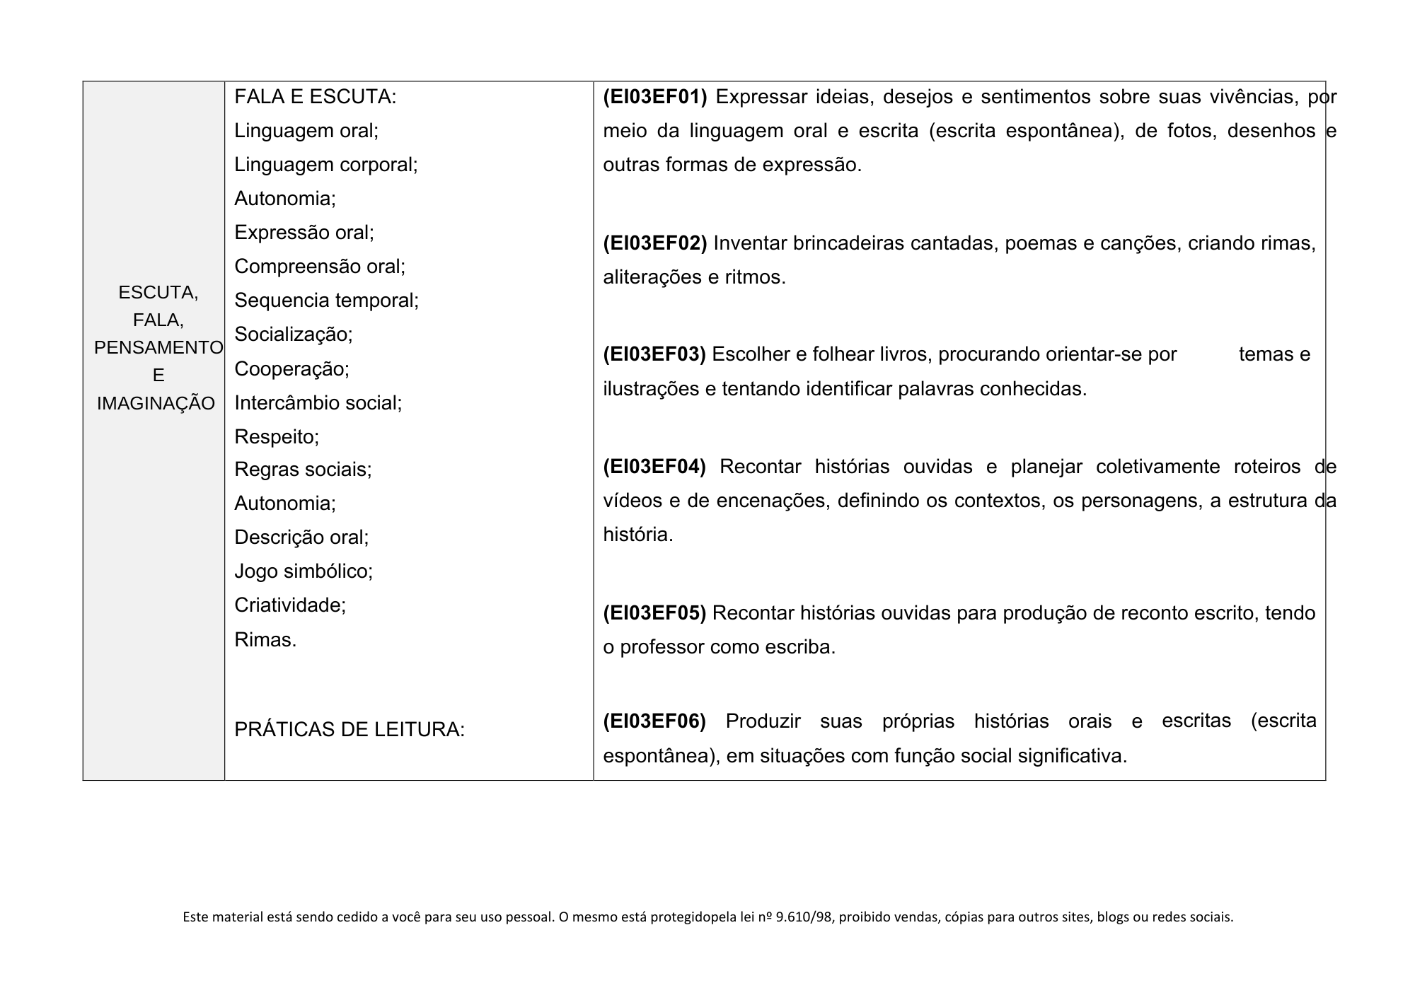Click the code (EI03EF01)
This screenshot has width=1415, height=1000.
(x=655, y=97)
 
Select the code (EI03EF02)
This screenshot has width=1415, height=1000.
(x=655, y=243)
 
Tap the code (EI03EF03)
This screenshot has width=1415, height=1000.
(x=654, y=354)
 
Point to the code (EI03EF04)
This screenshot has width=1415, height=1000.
(x=654, y=467)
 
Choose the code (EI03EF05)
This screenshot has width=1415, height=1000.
(x=654, y=613)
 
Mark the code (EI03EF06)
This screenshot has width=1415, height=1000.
(x=654, y=721)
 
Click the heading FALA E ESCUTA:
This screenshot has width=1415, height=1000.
(x=316, y=97)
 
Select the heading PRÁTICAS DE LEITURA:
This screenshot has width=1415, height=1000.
(x=350, y=730)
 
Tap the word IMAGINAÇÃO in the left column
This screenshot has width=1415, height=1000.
(x=156, y=403)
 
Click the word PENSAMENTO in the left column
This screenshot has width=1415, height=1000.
(x=158, y=348)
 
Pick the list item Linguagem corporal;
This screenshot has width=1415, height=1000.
(x=326, y=165)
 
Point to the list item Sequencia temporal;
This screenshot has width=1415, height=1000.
(x=327, y=301)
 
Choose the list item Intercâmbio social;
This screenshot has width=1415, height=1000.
(x=318, y=403)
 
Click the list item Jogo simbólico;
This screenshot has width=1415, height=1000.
(x=304, y=571)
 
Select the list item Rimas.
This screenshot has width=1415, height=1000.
(x=265, y=640)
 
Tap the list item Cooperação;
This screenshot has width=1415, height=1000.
(x=292, y=369)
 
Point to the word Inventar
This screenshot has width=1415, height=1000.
(x=750, y=243)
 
